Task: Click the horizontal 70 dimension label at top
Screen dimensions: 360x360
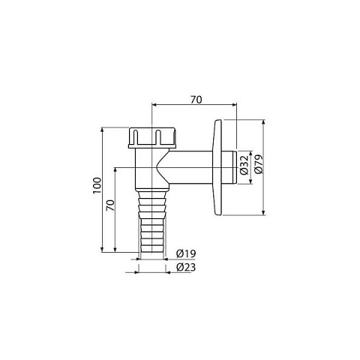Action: tap(196, 100)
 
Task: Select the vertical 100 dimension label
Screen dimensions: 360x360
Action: tap(97, 185)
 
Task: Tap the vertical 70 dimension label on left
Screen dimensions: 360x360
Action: tap(110, 205)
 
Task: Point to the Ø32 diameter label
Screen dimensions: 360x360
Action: tap(244, 165)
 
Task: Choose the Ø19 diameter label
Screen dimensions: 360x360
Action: tap(186, 253)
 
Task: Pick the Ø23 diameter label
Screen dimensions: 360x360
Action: tap(186, 268)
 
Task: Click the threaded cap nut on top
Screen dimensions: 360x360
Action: tap(152, 138)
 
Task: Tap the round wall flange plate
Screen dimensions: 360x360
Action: tap(217, 167)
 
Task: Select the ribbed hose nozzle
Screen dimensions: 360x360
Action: tap(152, 221)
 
